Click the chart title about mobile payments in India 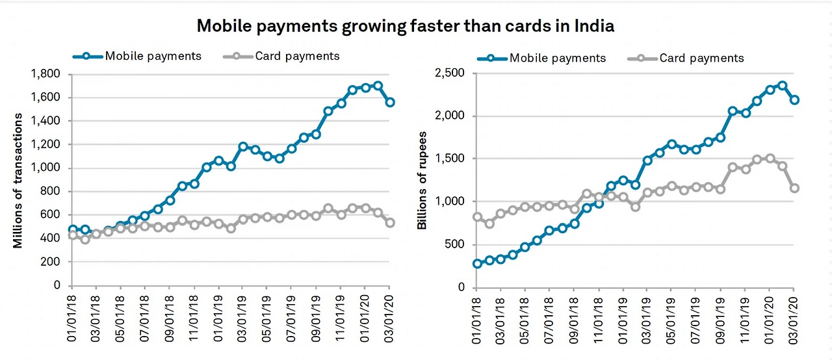(x=406, y=26)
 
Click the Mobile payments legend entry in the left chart (x=153, y=56)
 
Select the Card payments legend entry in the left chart (x=297, y=56)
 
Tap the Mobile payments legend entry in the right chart (x=557, y=58)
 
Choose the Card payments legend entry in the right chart (x=701, y=58)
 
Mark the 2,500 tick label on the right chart (x=450, y=73)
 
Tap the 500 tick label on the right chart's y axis (x=456, y=244)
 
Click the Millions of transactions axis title (x=18, y=181)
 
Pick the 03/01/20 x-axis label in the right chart (x=793, y=320)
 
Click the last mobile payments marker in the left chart (x=389, y=102)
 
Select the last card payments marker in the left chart (x=389, y=222)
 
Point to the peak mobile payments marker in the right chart (x=782, y=86)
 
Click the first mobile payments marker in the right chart (x=477, y=263)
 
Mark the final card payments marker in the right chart (x=794, y=188)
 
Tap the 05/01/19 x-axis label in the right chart (x=671, y=320)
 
